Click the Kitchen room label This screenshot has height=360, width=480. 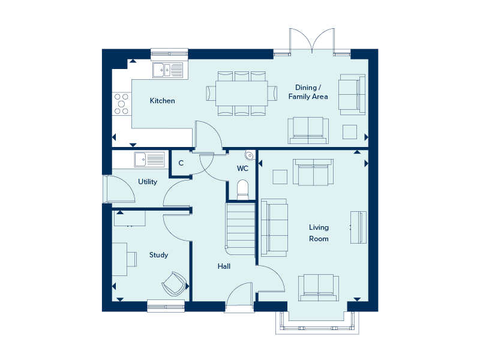(162, 101)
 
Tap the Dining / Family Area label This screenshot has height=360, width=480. (308, 92)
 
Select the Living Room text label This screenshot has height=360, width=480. (319, 233)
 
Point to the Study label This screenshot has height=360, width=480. (158, 255)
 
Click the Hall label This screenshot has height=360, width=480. (224, 266)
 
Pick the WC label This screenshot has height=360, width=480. (242, 169)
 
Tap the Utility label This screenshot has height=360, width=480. (148, 182)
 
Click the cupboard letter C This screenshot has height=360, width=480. (181, 163)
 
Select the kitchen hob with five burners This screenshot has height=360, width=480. (122, 104)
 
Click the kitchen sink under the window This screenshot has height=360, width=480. (168, 70)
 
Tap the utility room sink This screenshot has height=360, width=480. (149, 160)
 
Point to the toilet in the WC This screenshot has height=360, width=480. (243, 190)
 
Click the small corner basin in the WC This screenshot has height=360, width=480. (250, 155)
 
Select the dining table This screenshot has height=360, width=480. (242, 94)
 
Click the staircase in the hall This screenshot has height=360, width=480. (241, 229)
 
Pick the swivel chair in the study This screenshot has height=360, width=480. (174, 284)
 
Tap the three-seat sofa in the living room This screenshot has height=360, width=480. (274, 228)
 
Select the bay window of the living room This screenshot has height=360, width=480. (317, 322)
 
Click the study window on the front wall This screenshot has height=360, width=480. (166, 306)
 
